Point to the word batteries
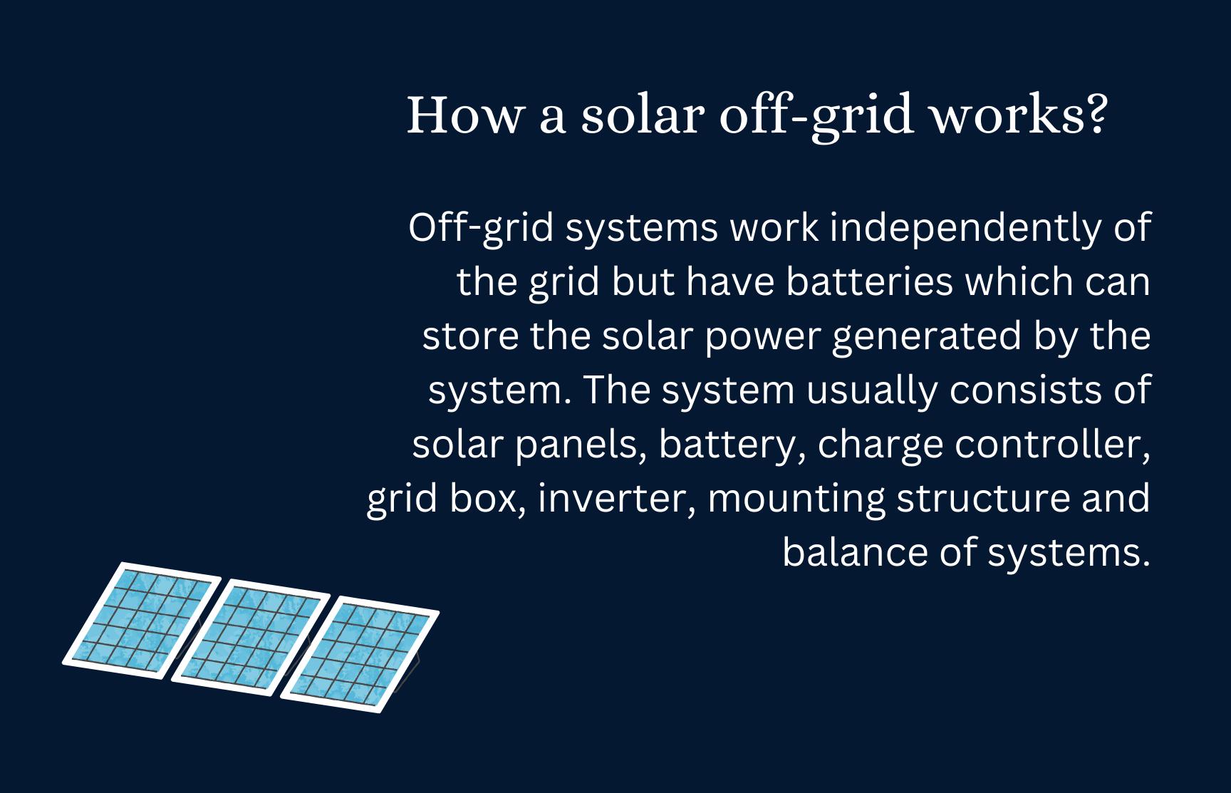pos(870,282)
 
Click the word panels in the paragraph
pos(580,445)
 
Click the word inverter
pos(617,498)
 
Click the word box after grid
pos(488,498)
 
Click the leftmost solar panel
pos(141,621)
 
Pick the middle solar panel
pos(251,638)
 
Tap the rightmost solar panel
pos(360,654)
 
